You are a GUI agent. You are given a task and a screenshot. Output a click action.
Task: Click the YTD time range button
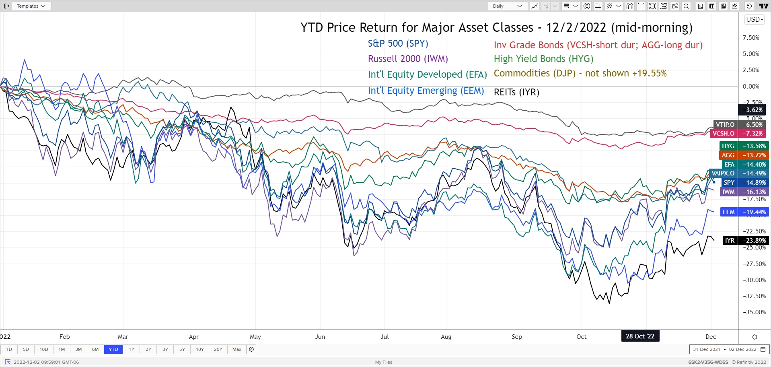(x=113, y=349)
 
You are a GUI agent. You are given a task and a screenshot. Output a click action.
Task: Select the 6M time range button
(x=95, y=349)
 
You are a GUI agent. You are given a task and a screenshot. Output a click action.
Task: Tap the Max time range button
(x=237, y=349)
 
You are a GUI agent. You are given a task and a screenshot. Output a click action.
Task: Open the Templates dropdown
(x=31, y=6)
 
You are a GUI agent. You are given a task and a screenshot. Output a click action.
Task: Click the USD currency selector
(x=755, y=19)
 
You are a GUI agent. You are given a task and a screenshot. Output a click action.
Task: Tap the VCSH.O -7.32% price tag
(x=738, y=134)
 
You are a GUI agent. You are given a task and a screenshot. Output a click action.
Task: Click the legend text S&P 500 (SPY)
(x=398, y=43)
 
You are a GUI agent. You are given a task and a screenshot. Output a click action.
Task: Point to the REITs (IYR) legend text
(x=516, y=92)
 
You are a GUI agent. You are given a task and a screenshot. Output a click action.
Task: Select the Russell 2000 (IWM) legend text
(x=408, y=59)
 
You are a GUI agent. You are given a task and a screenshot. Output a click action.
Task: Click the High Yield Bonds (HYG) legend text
(x=543, y=59)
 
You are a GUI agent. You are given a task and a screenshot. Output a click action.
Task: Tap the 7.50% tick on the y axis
(x=751, y=38)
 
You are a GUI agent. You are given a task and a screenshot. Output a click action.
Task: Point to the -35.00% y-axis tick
(x=754, y=312)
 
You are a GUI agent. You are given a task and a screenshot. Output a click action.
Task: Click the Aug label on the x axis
(x=446, y=337)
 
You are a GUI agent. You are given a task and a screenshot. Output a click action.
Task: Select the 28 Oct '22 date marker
(x=640, y=336)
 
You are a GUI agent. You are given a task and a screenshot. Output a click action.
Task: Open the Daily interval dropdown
(x=507, y=6)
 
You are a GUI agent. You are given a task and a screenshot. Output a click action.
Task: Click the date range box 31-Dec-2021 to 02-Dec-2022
(x=729, y=349)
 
